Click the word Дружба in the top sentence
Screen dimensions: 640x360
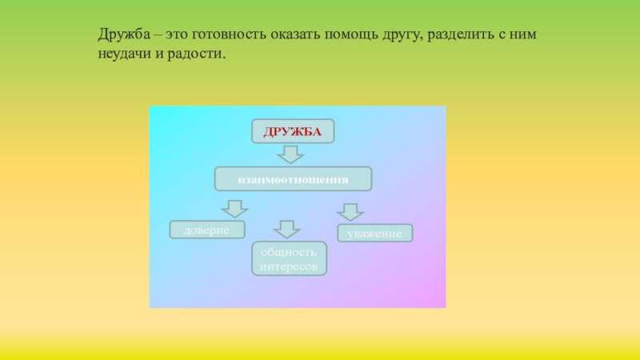(x=124, y=34)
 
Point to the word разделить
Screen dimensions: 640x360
(x=461, y=34)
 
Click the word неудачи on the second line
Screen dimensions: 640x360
(x=124, y=54)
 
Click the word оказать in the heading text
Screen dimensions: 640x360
(x=295, y=34)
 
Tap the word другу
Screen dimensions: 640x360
(x=403, y=35)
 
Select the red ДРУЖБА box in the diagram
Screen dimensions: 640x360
(x=293, y=131)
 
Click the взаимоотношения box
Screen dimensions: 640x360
(x=293, y=178)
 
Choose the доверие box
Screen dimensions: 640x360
(x=207, y=230)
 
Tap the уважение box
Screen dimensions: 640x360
(x=374, y=233)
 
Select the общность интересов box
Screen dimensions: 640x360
(x=289, y=258)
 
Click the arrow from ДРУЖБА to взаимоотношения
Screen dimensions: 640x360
(x=290, y=154)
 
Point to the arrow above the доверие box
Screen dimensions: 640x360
(x=234, y=209)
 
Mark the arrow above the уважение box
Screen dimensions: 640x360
(x=350, y=212)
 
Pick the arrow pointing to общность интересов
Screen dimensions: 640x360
(x=287, y=230)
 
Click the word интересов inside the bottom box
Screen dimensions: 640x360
(x=289, y=266)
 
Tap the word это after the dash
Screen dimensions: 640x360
(x=176, y=34)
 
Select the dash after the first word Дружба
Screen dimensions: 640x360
(x=158, y=35)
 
